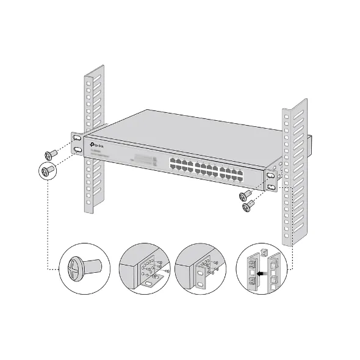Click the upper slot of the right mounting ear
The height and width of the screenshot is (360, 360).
270,176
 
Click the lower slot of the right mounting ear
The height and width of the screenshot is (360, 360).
270,186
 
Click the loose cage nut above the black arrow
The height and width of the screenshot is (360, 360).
264,253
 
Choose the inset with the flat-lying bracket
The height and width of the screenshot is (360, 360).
145,268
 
